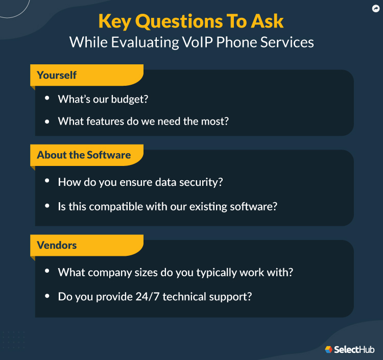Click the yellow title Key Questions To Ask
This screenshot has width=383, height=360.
pyautogui.click(x=191, y=21)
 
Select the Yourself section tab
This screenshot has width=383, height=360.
pyautogui.click(x=57, y=75)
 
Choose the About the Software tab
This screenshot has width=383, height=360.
pyautogui.click(x=84, y=155)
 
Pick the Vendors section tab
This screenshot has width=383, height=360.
pyautogui.click(x=57, y=245)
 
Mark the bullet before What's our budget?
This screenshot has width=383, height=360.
pyautogui.click(x=47, y=98)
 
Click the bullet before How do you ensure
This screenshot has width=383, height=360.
pyautogui.click(x=47, y=181)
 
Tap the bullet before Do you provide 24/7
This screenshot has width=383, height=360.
pyautogui.click(x=47, y=296)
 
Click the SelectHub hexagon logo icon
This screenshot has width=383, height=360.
pyautogui.click(x=328, y=349)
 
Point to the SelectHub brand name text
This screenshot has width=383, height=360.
pyautogui.click(x=354, y=350)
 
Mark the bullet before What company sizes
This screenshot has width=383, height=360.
pyautogui.click(x=47, y=272)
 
